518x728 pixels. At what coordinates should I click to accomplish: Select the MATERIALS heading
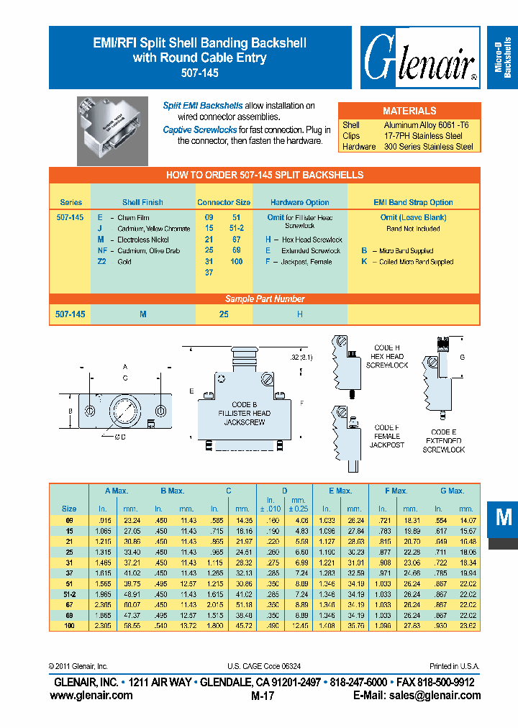(x=409, y=111)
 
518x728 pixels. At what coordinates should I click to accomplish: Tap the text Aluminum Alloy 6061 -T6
(x=426, y=125)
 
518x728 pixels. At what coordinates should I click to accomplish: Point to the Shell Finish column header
(x=142, y=202)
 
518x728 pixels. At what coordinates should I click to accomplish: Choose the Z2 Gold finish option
(x=114, y=262)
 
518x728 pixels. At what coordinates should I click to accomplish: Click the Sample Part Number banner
(x=265, y=299)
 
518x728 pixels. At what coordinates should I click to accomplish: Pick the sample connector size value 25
(x=224, y=314)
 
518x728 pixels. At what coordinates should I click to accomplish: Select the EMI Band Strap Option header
(x=413, y=202)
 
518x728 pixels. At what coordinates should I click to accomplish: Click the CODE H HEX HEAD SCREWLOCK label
(x=386, y=356)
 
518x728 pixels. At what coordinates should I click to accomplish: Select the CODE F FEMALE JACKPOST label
(x=386, y=436)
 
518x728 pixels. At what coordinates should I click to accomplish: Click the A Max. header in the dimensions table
(x=116, y=491)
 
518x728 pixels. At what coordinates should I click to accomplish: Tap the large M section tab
(x=504, y=517)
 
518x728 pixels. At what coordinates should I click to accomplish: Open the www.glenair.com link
(x=91, y=695)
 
